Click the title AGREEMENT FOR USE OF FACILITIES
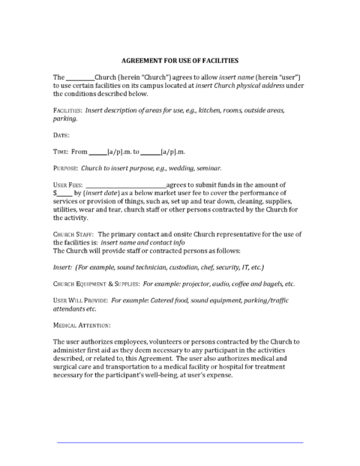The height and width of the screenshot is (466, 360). click(179, 61)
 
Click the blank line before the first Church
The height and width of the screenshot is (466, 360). click(80, 78)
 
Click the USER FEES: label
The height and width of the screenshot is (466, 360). click(67, 184)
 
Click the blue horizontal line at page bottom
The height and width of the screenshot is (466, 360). click(180, 443)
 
